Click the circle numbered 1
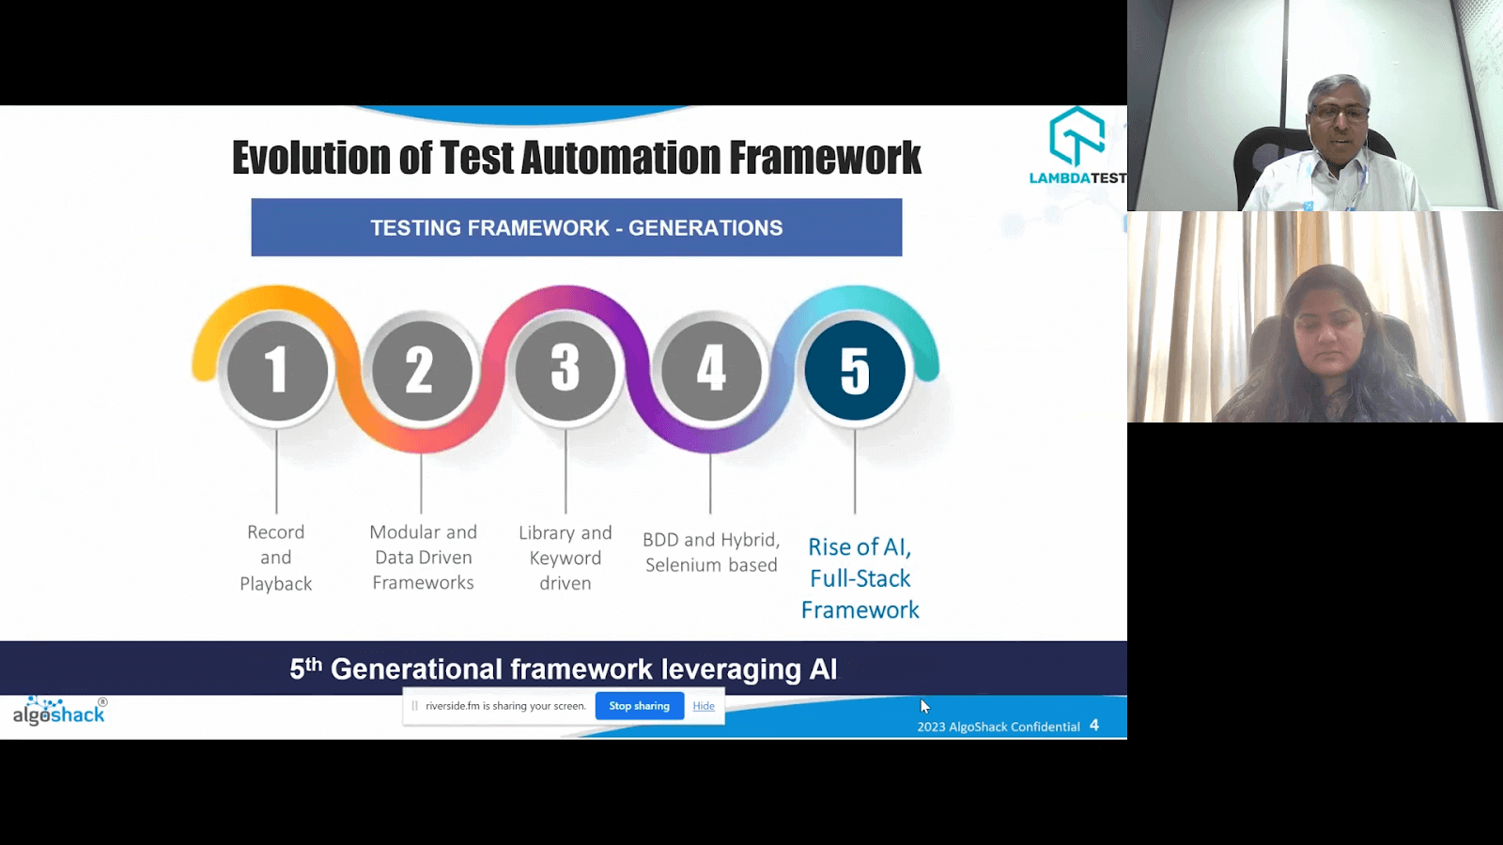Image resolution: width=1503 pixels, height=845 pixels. point(277,370)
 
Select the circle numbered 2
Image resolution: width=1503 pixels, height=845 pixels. point(422,370)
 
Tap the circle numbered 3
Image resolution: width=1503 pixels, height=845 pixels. point(566,370)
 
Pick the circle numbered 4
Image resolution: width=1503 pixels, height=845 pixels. point(711,370)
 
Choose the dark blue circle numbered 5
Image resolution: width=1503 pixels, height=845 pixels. point(855,370)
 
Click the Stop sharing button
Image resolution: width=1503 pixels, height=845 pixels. point(639,706)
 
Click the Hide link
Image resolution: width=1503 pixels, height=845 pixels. point(704,706)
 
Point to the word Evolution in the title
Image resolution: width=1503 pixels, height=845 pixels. point(310,158)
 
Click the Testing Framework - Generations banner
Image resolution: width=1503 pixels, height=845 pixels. point(576,227)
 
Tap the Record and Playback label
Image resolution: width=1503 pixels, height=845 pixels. point(275,558)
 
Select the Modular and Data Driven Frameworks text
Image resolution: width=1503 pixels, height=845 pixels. point(423,558)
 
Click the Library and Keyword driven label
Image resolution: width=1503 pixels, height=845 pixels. point(566,558)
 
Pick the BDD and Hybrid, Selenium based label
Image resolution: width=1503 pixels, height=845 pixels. point(711,552)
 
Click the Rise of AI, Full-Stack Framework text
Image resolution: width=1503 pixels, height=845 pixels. point(860,578)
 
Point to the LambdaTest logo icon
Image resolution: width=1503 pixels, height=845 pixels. point(1076,136)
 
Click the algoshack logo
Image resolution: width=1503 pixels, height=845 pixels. point(59,712)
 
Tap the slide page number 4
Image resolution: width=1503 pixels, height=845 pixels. point(1094,726)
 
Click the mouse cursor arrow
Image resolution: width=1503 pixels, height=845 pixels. point(924,706)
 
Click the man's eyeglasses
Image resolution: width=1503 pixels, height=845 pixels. point(1340,112)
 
